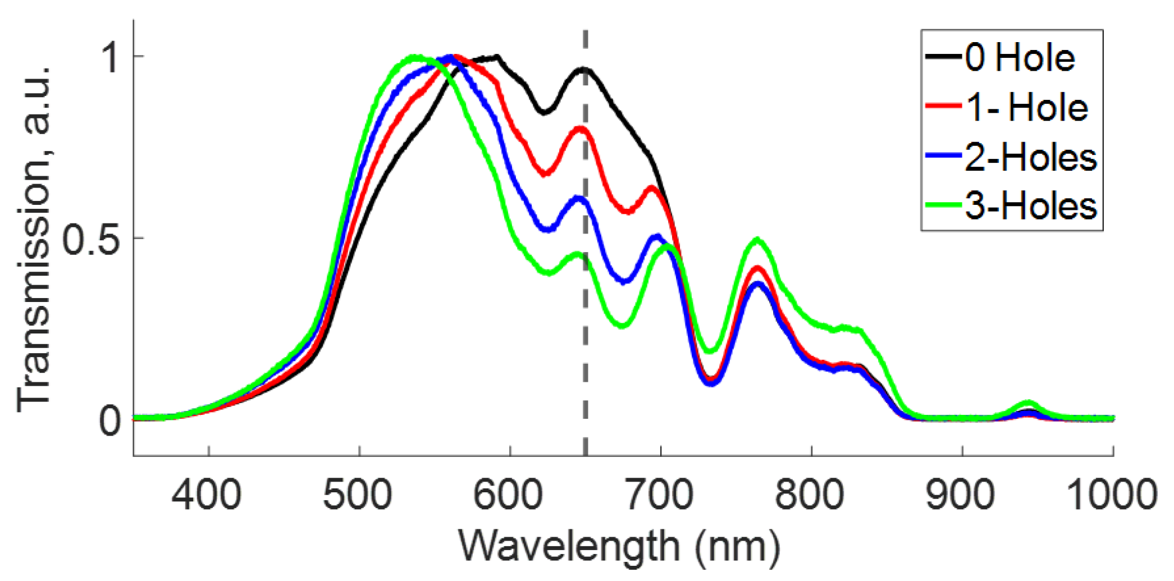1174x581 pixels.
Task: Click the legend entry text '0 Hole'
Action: [1020, 58]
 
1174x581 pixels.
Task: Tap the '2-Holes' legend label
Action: [1031, 157]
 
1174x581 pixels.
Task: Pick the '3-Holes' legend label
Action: [1031, 206]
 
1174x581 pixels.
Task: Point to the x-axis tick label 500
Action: [358, 495]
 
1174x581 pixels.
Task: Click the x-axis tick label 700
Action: [660, 495]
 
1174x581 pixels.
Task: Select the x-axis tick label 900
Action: [961, 495]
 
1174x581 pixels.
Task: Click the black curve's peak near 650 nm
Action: [583, 70]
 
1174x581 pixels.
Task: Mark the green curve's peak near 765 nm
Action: [758, 240]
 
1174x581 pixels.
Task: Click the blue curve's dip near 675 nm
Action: [625, 281]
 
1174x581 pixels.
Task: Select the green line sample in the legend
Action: [943, 205]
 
